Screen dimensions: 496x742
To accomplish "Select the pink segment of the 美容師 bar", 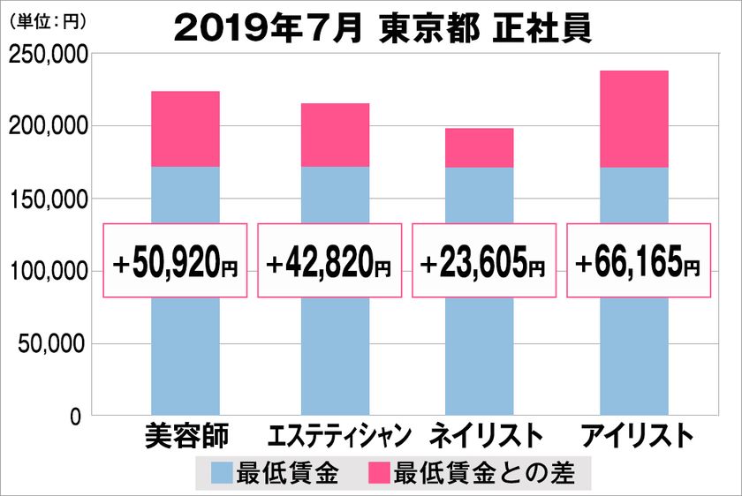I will point(185,129).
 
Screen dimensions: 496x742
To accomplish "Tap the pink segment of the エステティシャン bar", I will point(335,135).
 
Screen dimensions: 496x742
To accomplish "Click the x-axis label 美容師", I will point(185,437).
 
